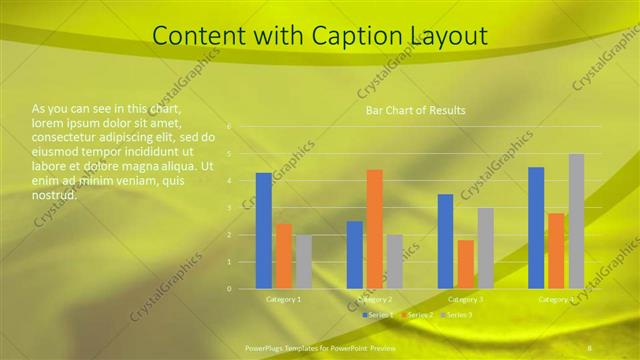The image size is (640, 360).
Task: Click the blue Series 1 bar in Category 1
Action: pos(263,231)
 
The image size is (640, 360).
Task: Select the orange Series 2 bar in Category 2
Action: pos(374,229)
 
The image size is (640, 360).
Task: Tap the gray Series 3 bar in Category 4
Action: pos(576,221)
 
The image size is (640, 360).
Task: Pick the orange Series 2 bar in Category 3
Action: pos(465,264)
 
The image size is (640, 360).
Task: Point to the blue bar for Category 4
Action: pos(536,228)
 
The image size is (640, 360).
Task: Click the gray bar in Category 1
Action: pos(303,262)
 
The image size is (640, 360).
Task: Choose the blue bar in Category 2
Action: pos(354,255)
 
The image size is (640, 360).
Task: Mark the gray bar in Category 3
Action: pos(485,248)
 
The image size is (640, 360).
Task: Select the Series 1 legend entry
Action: pos(378,315)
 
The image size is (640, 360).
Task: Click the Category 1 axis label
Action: pos(283,299)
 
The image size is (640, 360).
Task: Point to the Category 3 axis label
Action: pos(465,299)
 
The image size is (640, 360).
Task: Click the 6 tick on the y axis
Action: pos(229,127)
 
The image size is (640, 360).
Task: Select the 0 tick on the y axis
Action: pos(229,289)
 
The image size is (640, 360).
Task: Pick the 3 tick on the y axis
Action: pos(229,208)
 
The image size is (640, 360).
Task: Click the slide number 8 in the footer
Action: pos(590,347)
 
